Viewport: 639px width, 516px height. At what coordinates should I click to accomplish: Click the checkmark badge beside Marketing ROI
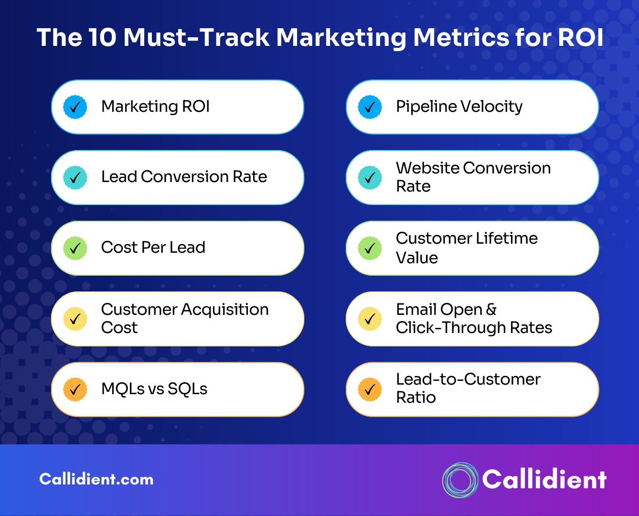[x=75, y=107]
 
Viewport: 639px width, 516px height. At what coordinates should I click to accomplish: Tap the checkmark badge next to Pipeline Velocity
[x=370, y=107]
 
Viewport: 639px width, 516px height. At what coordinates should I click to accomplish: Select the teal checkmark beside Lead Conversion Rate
[x=75, y=177]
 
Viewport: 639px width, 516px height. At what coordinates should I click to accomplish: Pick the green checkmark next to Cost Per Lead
[x=75, y=248]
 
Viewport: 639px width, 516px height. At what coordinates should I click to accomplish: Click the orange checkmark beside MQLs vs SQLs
[x=75, y=389]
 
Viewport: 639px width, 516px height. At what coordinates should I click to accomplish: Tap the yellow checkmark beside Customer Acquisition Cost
[x=75, y=319]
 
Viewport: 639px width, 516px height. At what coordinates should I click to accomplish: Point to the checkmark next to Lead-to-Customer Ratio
[x=370, y=389]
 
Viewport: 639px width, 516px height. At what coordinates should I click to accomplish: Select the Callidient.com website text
[x=96, y=479]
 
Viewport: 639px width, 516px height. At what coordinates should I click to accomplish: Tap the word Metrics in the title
[x=461, y=37]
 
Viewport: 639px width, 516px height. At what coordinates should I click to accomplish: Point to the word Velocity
[x=491, y=107]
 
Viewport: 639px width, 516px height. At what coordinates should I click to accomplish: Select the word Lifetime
[x=507, y=238]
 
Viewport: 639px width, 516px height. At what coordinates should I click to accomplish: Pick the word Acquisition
[x=224, y=310]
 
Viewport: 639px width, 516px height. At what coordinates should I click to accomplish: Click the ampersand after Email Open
[x=491, y=309]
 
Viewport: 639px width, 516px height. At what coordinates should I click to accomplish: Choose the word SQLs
[x=187, y=389]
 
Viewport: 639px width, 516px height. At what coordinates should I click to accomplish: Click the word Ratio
[x=416, y=398]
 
